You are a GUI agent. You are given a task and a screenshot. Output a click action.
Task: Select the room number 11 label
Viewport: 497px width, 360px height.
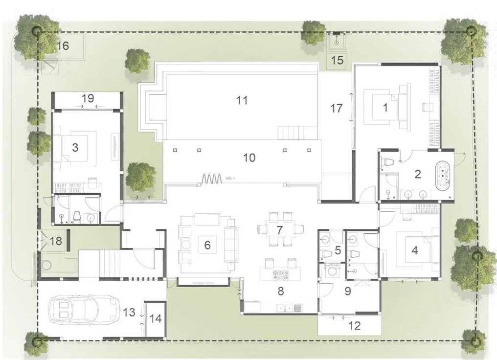coord(242,100)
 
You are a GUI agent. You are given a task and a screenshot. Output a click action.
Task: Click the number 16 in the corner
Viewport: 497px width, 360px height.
coord(63,46)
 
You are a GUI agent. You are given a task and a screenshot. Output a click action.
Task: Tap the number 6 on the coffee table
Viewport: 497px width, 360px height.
coord(207,245)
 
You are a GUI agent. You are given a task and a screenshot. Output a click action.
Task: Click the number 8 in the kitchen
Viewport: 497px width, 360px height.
coord(280,291)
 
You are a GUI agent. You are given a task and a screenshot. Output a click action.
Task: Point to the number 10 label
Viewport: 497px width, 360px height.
coord(249,157)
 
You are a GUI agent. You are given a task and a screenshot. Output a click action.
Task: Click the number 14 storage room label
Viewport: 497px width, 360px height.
coord(155,319)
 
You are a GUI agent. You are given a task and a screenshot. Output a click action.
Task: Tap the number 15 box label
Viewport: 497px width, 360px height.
coord(338,61)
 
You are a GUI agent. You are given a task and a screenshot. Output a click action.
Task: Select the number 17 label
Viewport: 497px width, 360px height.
coord(336,108)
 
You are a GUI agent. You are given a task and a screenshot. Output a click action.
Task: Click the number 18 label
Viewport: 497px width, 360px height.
coord(56,241)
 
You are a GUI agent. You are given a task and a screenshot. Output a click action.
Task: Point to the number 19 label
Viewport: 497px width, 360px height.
coord(88,98)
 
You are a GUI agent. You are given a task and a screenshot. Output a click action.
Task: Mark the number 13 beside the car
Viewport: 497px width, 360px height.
coord(129,312)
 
